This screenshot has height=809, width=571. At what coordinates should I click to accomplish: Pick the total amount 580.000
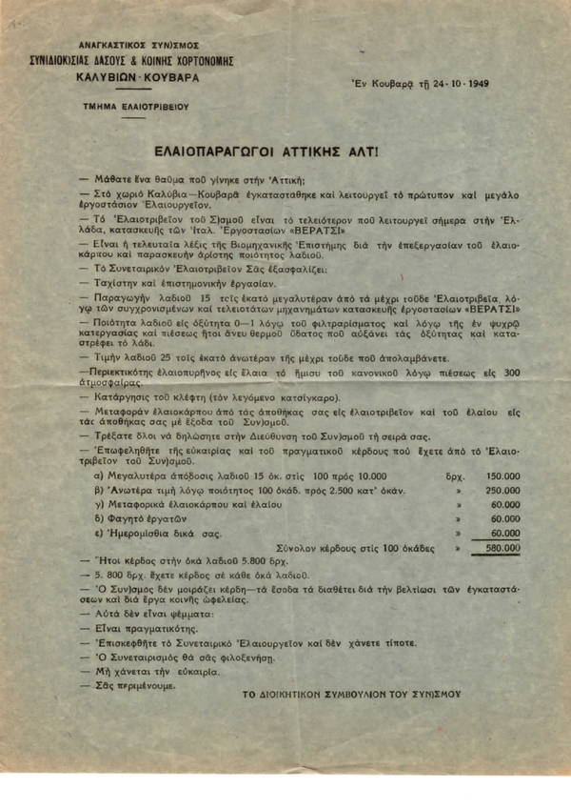502,549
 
